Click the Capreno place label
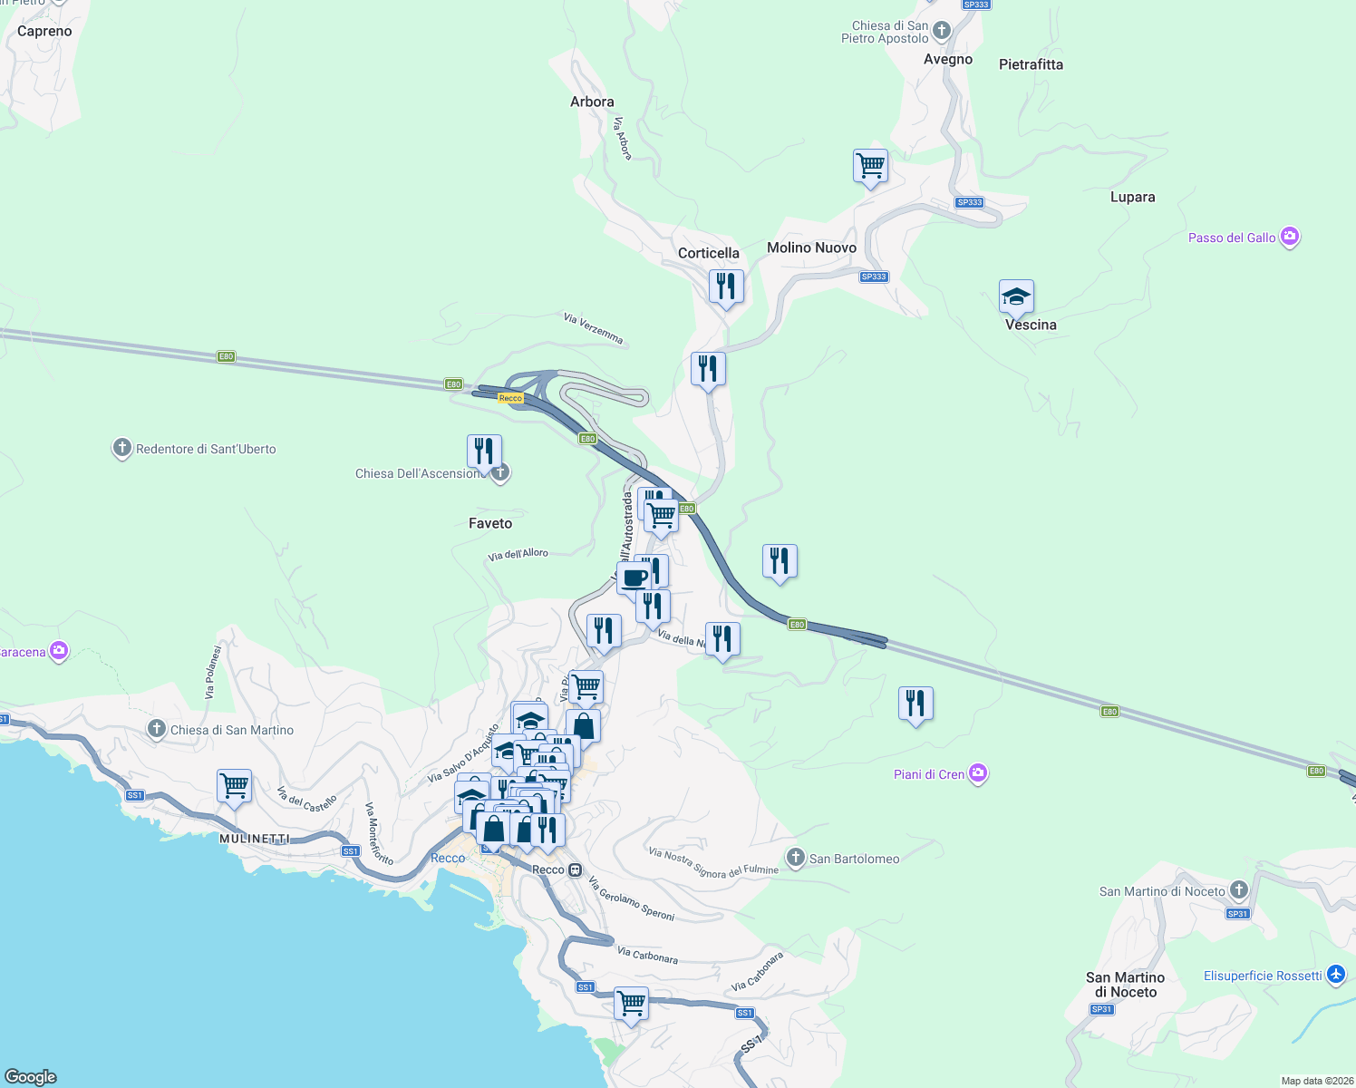click(x=44, y=32)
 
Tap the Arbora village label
click(x=592, y=102)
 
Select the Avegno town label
click(x=947, y=60)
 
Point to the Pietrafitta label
click(x=1031, y=64)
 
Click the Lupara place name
click(x=1132, y=197)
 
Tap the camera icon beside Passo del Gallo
click(x=1290, y=238)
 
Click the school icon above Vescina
click(x=1016, y=296)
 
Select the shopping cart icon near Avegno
click(x=870, y=167)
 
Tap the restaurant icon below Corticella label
click(x=726, y=287)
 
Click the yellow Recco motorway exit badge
click(x=510, y=398)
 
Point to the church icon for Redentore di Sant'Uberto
click(x=122, y=448)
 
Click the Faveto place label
click(x=490, y=523)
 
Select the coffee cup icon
click(x=634, y=578)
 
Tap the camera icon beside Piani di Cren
click(x=978, y=773)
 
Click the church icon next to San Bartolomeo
click(x=795, y=858)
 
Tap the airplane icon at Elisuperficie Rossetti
click(x=1335, y=975)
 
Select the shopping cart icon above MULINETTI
click(x=235, y=786)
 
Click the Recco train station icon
click(x=575, y=869)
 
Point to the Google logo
click(x=31, y=1076)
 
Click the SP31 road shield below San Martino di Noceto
click(x=1101, y=1009)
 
